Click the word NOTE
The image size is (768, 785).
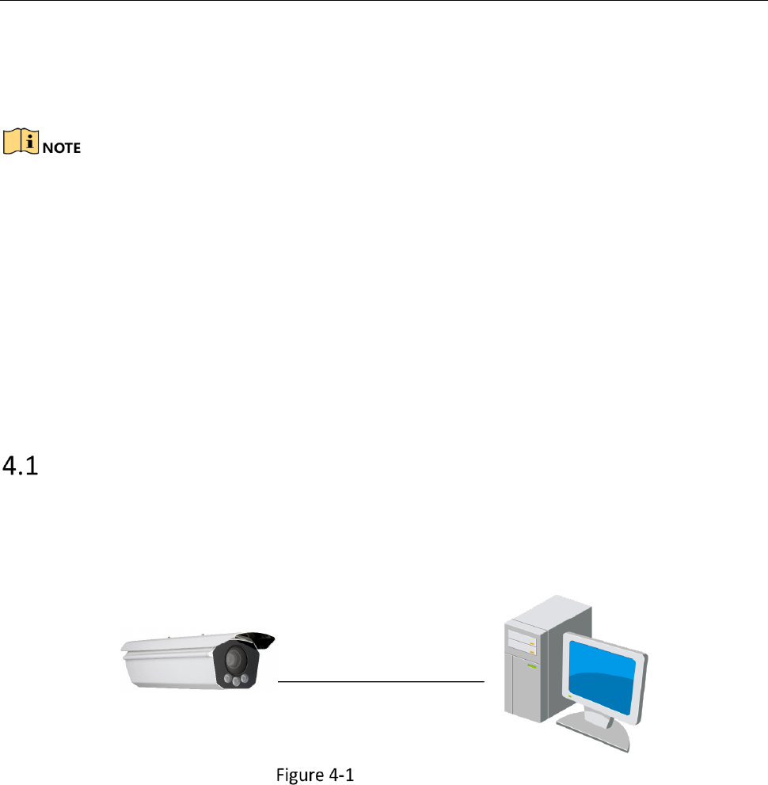[62, 147]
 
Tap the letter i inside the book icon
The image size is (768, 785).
[29, 141]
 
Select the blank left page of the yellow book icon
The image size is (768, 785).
[12, 142]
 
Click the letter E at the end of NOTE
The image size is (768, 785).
[76, 147]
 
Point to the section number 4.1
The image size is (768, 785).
[21, 466]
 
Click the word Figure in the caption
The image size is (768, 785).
[298, 775]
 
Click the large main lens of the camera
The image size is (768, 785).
[234, 659]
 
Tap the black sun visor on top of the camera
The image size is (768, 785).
[257, 639]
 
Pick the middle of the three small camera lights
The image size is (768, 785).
[236, 681]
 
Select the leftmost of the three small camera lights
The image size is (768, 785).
[228, 679]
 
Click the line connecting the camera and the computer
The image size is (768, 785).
[381, 681]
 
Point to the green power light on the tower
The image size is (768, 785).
[532, 666]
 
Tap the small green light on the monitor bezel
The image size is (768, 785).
[569, 696]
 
